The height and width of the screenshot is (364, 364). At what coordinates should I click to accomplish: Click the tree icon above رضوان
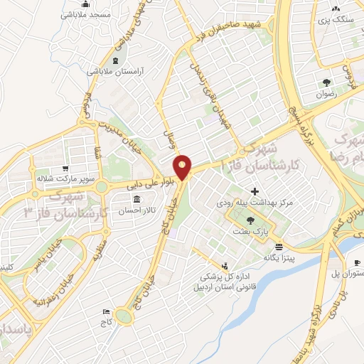(326, 82)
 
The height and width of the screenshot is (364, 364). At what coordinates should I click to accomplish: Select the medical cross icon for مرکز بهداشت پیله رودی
(255, 191)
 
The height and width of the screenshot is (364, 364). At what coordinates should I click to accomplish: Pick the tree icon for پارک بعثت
(248, 221)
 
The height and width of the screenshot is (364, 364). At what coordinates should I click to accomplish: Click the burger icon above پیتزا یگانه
(279, 246)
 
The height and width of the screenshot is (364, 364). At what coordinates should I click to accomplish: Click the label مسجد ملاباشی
(84, 15)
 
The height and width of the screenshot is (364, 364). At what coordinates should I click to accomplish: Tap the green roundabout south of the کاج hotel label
(124, 316)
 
